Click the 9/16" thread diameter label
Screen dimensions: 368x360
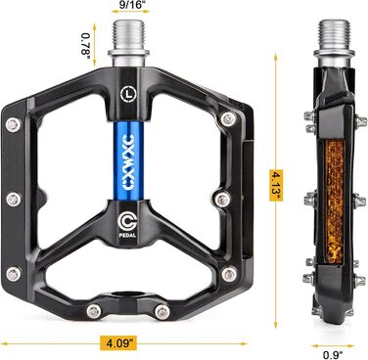coord(129,4)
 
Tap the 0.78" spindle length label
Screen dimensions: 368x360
coord(85,44)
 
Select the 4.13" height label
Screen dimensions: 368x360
coord(276,185)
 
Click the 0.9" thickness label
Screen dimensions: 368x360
coord(333,355)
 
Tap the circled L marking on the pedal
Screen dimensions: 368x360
coord(129,94)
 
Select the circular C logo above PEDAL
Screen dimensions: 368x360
coord(127,220)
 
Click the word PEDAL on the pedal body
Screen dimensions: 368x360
coord(127,236)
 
